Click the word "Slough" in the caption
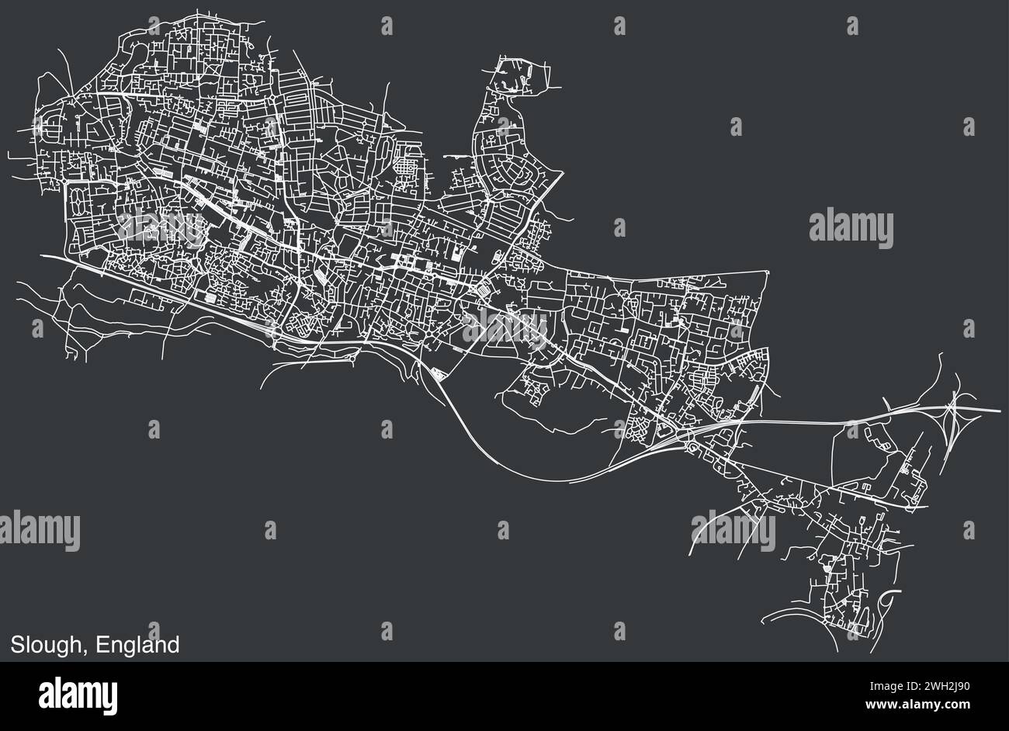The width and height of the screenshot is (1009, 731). pyautogui.click(x=46, y=645)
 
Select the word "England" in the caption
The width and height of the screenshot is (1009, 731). pyautogui.click(x=138, y=645)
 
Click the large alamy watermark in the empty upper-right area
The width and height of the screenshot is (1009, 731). pyautogui.click(x=851, y=230)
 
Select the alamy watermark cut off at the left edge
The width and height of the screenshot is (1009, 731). pyautogui.click(x=39, y=532)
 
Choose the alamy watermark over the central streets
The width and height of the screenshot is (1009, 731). pyautogui.click(x=504, y=326)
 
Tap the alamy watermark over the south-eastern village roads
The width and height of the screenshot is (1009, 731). pyautogui.click(x=733, y=532)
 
